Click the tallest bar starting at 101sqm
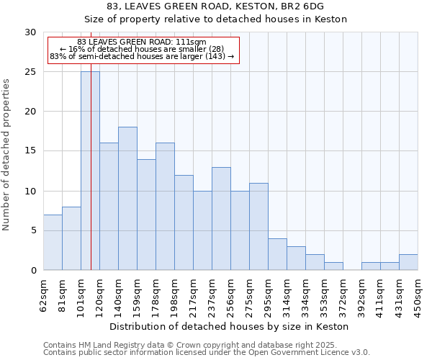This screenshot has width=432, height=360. [90, 171]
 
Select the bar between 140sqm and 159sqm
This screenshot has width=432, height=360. [127, 199]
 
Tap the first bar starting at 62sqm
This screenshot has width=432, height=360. [53, 242]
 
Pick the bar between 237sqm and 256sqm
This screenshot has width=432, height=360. [221, 218]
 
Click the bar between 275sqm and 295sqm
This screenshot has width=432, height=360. [258, 226]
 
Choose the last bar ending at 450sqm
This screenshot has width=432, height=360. [408, 262]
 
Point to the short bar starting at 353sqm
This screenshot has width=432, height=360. [333, 266]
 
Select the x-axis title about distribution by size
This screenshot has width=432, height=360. [230, 326]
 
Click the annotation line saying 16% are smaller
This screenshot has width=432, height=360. [142, 49]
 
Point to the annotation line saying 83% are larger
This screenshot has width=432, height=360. [142, 56]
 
